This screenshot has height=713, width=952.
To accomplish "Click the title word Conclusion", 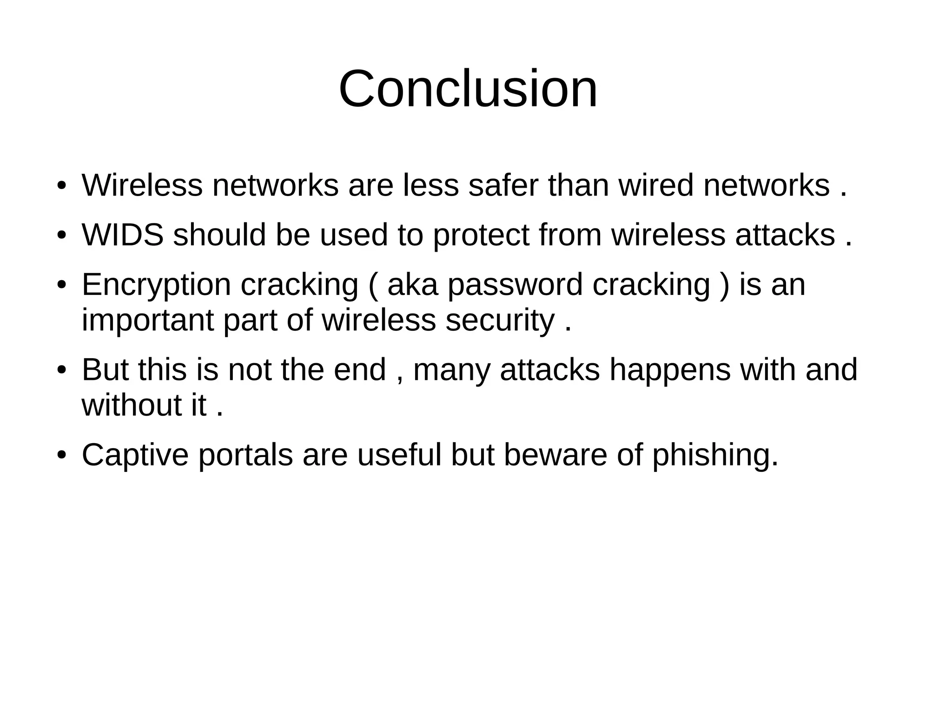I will point(468,89).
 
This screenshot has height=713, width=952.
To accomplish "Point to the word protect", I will point(481,235).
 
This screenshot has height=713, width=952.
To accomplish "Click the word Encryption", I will point(156,285).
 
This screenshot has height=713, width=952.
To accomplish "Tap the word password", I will point(515,285).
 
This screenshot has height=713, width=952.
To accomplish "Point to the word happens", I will point(670,370).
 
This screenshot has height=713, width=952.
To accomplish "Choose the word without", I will point(132,405).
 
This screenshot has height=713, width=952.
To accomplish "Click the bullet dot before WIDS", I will point(61,235).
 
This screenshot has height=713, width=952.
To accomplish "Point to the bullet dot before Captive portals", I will point(61,455).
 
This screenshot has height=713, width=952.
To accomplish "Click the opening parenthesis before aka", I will point(373,285).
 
